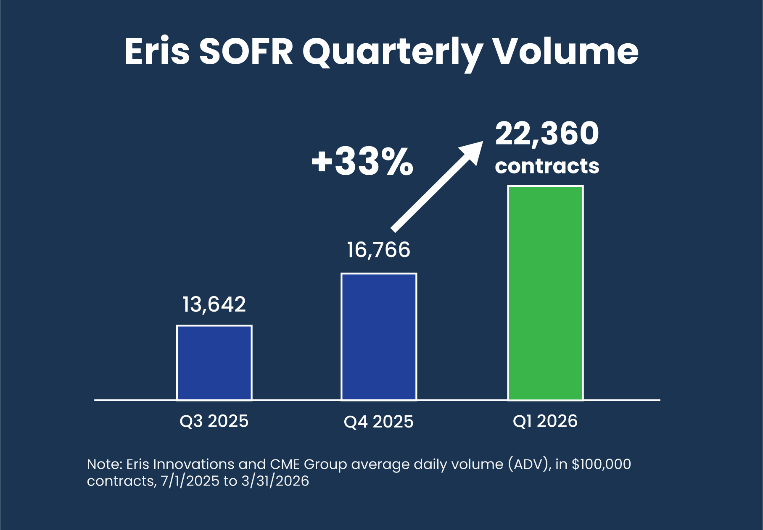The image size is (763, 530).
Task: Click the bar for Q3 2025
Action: point(214,363)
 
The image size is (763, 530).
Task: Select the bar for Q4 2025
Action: point(379,337)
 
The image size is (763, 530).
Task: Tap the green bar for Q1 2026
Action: point(545,293)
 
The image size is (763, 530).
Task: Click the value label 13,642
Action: point(214,304)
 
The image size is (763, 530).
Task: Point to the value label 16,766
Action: point(378,250)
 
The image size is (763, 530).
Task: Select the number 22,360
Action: point(547,134)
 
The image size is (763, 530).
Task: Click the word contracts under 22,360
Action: point(547,166)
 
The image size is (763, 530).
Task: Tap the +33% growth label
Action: point(362,162)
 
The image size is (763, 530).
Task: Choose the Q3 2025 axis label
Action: point(214,421)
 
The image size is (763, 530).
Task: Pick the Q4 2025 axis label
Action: point(378,422)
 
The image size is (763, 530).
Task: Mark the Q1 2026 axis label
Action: point(545,421)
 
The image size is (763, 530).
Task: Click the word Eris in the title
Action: point(157,52)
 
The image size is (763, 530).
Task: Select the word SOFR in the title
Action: point(246,52)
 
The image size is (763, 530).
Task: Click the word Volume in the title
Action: point(565,52)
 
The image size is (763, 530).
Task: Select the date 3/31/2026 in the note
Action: point(275,481)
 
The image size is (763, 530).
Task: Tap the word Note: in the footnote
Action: point(104,464)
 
